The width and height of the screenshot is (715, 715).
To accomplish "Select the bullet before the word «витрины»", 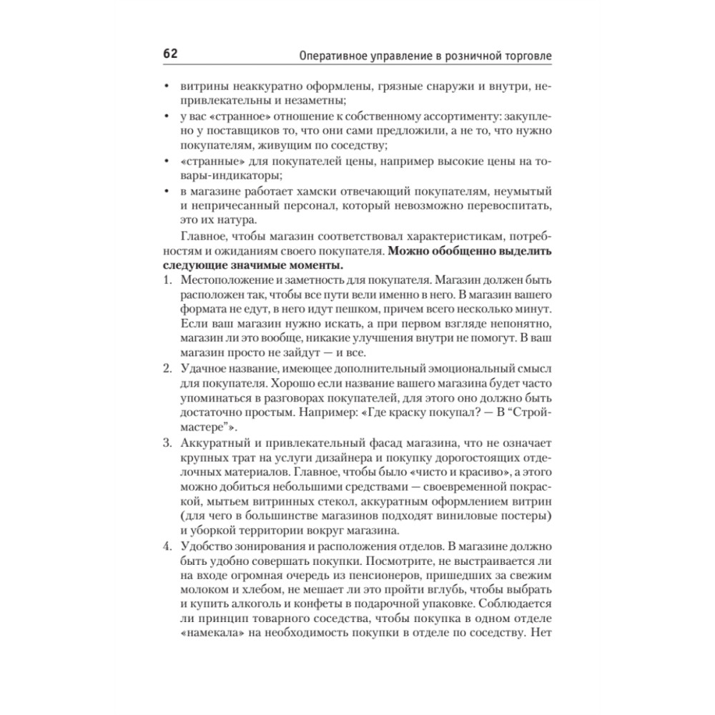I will [x=166, y=87].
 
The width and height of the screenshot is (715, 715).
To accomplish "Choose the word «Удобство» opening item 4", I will [x=206, y=547].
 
